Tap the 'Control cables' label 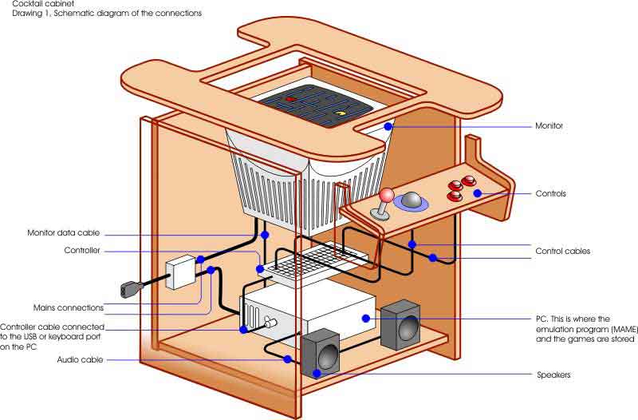pos(563,251)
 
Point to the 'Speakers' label pos(552,374)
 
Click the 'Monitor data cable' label pos(64,233)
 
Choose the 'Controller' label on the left pos(82,251)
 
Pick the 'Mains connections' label pos(69,307)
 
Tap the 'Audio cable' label pos(78,360)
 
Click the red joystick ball pos(387,194)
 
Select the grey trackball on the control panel pos(411,200)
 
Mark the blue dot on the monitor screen pos(388,125)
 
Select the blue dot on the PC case pos(366,318)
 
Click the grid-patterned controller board pos(314,260)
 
